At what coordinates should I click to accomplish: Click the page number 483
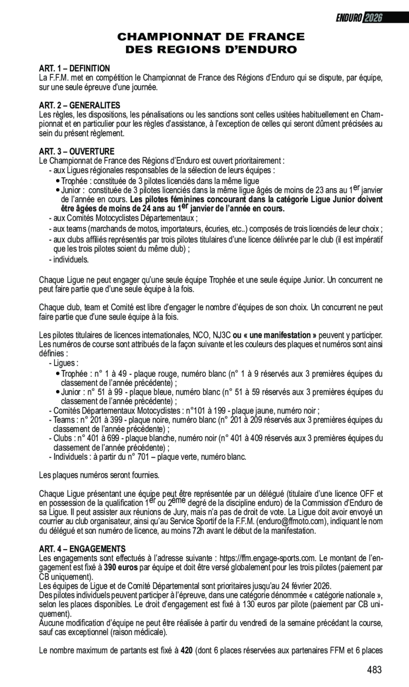pyautogui.click(x=374, y=670)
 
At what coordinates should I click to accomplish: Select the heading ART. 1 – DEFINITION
pyautogui.click(x=75, y=69)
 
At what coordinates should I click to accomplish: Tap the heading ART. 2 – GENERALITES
pyautogui.click(x=79, y=105)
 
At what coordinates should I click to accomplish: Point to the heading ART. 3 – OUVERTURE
pyautogui.click(x=76, y=152)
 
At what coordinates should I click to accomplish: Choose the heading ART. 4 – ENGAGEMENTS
pyautogui.click(x=82, y=549)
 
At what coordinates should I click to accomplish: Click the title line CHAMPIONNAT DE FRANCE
pyautogui.click(x=211, y=37)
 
